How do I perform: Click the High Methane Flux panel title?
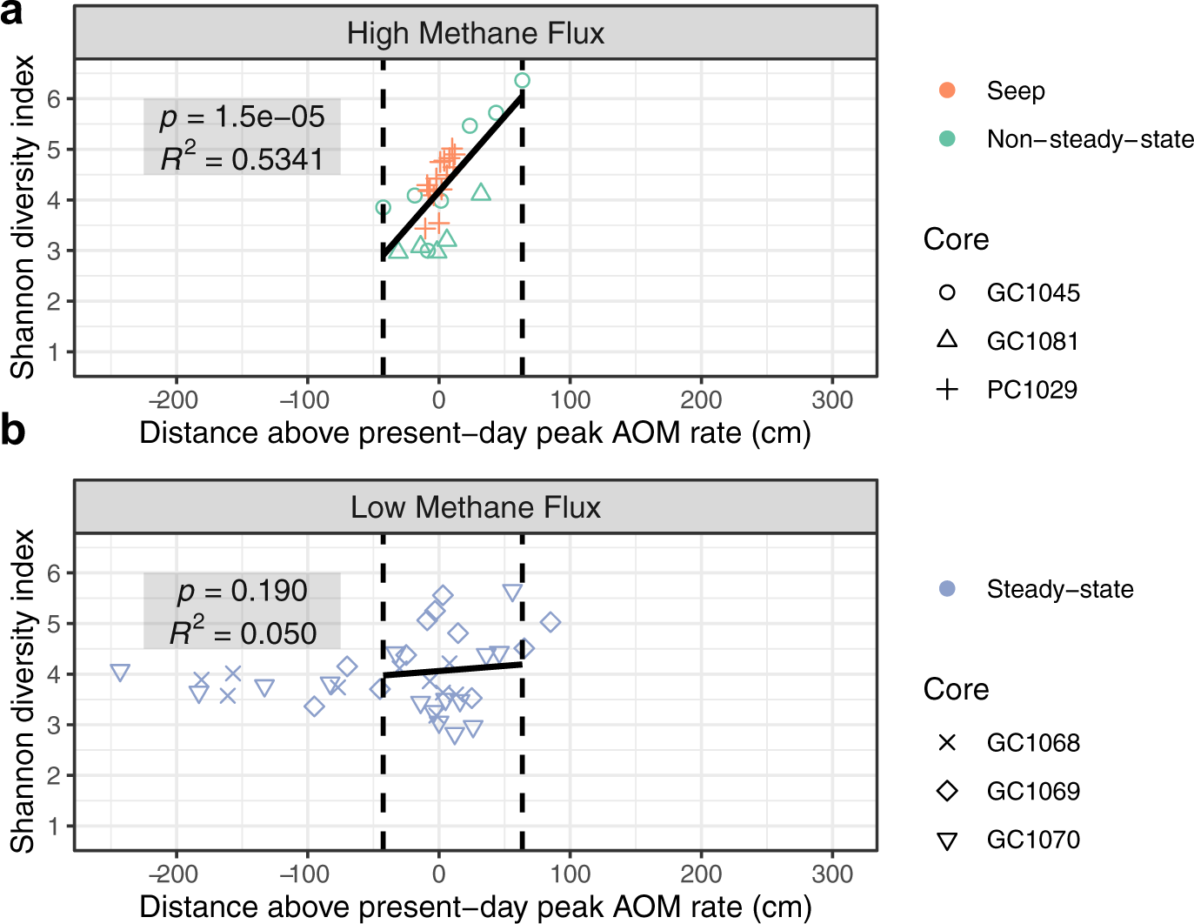coord(475,34)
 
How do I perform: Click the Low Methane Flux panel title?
coord(475,507)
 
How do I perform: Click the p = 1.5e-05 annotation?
coord(242,117)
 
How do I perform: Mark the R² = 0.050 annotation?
coord(243,633)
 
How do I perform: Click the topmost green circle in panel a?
coord(522,81)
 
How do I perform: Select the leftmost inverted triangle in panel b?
coord(121,673)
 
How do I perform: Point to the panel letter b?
coord(13,430)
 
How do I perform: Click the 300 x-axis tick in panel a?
coord(832,400)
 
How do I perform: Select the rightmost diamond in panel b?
coord(550,622)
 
